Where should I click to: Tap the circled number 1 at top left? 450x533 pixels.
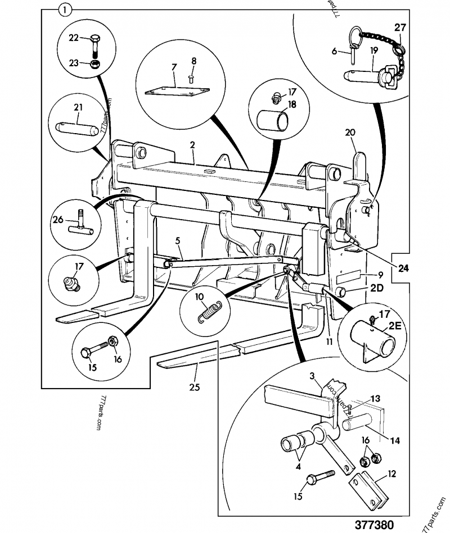[65, 9]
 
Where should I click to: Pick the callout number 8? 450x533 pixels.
[193, 60]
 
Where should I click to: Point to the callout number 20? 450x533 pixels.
[350, 133]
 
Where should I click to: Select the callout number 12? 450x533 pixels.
[391, 475]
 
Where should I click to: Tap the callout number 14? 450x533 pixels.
[395, 440]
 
